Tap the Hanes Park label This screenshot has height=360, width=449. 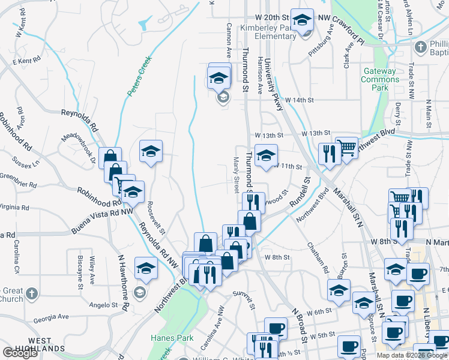coord(172,338)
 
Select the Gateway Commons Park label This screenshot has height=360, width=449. coord(380,79)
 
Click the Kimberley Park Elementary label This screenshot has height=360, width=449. coord(268,32)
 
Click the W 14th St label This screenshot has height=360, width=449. coord(300,100)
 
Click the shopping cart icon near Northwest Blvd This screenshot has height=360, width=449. coord(346,148)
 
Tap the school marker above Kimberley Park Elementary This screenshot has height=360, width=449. coord(302,20)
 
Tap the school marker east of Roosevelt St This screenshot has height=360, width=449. coord(151,151)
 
